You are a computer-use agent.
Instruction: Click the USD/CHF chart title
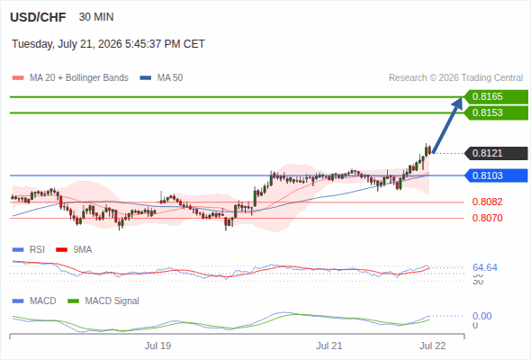pos(38,17)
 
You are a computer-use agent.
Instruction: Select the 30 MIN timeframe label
pos(96,17)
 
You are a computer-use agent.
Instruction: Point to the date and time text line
pos(108,44)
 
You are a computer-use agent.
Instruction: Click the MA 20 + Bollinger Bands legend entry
pos(70,78)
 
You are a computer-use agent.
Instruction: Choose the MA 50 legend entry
pos(161,78)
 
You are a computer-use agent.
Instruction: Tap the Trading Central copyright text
pos(455,78)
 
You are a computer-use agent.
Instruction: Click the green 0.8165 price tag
pos(496,97)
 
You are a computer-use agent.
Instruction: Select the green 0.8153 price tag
pos(496,112)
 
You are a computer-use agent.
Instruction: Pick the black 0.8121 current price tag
pos(496,153)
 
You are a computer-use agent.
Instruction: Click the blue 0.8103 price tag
pos(496,175)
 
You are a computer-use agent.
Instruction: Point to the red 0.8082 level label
pos(487,202)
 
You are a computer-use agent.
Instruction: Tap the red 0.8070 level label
pos(487,218)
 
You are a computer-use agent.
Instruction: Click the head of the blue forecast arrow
pos(462,98)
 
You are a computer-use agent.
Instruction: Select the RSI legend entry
pos(29,249)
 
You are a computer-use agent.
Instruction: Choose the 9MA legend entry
pos(74,249)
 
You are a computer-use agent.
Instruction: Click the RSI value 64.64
pos(485,267)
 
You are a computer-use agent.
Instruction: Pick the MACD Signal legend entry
pos(103,301)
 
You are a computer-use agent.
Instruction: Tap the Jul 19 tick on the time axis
pos(157,346)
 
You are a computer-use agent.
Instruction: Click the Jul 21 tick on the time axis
pos(329,346)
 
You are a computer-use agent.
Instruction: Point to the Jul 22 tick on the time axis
pos(433,346)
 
